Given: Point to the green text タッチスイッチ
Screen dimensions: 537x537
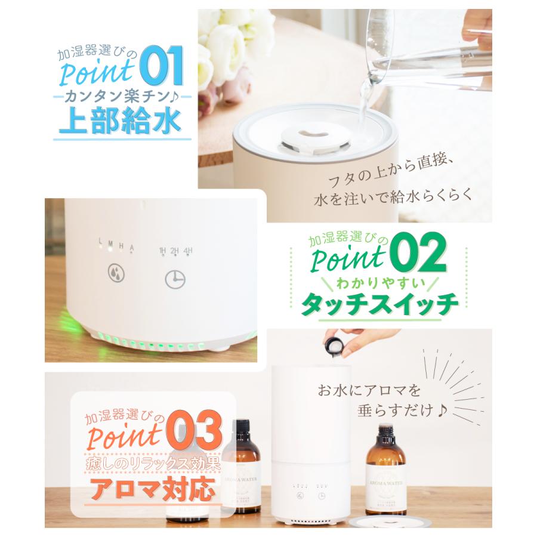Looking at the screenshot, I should click(381, 306).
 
